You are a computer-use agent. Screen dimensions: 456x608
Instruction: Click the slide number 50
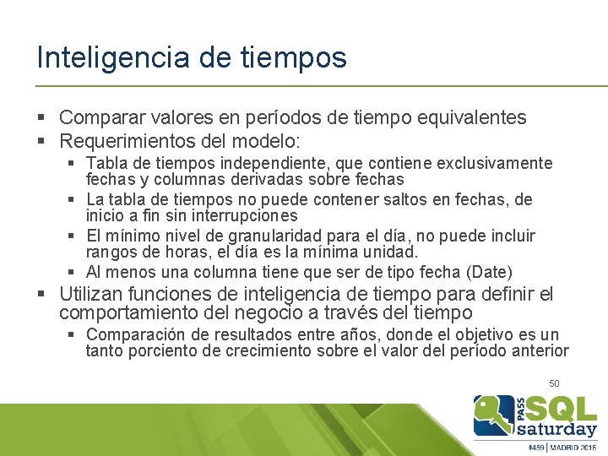click(554, 383)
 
